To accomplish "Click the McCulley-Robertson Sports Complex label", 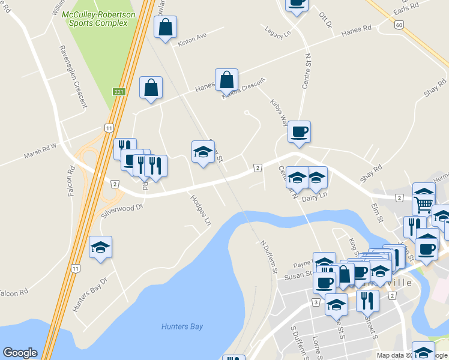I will (x=98, y=19).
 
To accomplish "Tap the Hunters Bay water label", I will (x=182, y=326).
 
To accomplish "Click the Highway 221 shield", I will (x=118, y=91).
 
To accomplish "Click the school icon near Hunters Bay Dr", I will (x=101, y=247).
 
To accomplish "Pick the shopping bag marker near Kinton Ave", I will (x=165, y=27).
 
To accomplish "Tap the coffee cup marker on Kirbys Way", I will (x=299, y=131).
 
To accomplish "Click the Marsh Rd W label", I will (x=40, y=150).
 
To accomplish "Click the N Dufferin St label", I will (x=268, y=257).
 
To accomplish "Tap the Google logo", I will (x=20, y=353).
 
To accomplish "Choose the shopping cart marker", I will (x=424, y=205).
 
